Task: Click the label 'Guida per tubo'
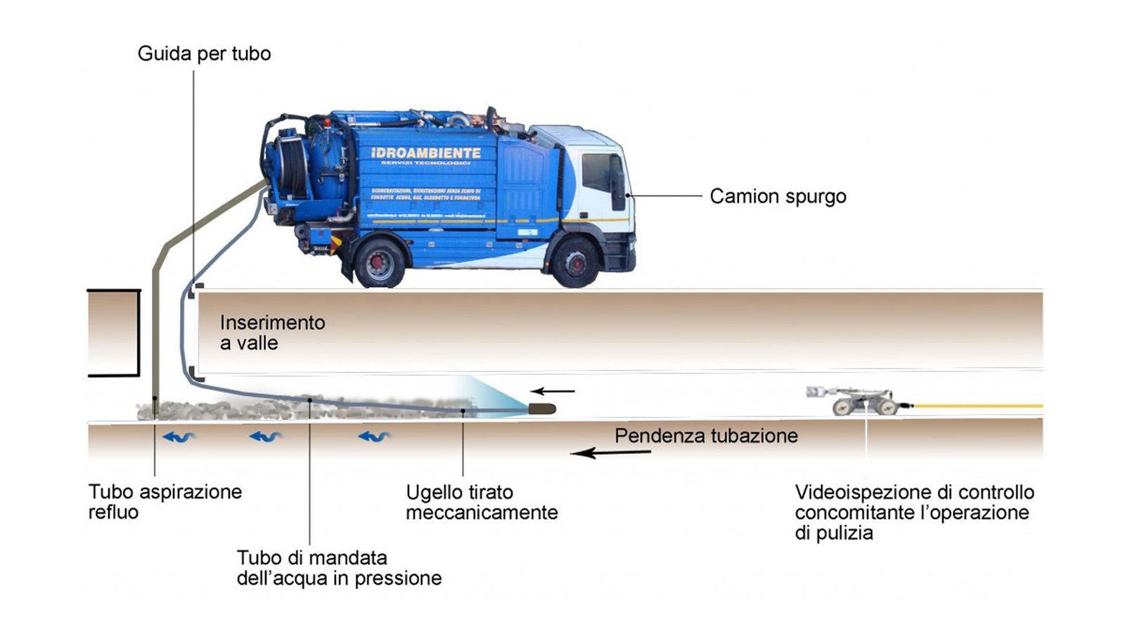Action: [x=204, y=53]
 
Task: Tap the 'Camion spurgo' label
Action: [x=778, y=196]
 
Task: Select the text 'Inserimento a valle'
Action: [x=272, y=333]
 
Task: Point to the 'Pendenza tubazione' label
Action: [x=706, y=436]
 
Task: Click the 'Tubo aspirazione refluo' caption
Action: [x=165, y=501]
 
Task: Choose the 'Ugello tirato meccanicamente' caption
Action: [x=482, y=502]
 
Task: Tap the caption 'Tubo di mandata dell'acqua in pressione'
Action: [x=339, y=568]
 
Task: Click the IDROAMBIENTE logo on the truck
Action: [x=425, y=153]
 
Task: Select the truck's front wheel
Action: [x=575, y=263]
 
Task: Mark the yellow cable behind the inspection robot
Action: [x=977, y=406]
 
